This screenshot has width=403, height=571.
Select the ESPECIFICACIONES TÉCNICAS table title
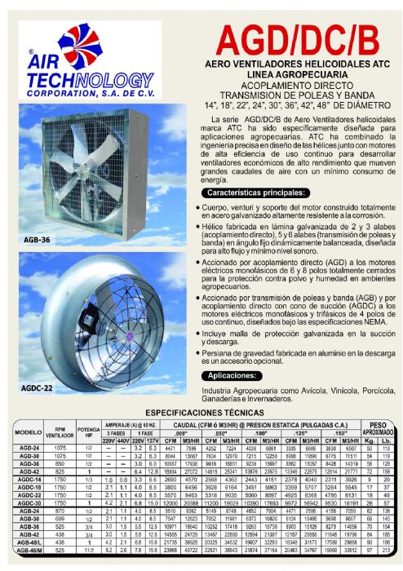[201, 414]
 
